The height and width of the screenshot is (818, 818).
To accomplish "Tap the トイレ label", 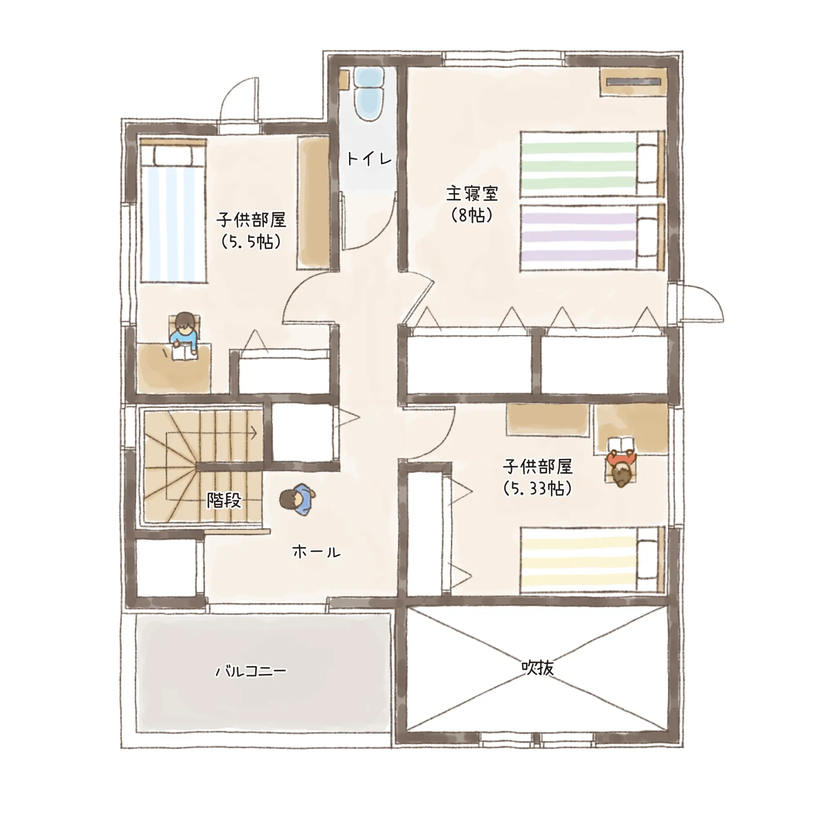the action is pos(369,159).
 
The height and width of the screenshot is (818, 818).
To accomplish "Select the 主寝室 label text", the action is pos(472,194).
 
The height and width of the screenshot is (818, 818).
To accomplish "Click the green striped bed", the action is pos(592,164).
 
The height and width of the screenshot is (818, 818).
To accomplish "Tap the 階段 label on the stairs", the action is pos(224,501).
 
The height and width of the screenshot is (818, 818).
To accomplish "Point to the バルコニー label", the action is pos(251,672).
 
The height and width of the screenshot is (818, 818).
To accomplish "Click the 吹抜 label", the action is pos(538,669).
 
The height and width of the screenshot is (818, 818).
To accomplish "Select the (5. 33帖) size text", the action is pos(538,489).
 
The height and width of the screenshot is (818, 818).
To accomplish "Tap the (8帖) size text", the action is pos(472,216).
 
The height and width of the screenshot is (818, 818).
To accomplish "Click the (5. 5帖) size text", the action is pos(251,242).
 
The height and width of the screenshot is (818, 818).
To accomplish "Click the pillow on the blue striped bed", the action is pos(173,156).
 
